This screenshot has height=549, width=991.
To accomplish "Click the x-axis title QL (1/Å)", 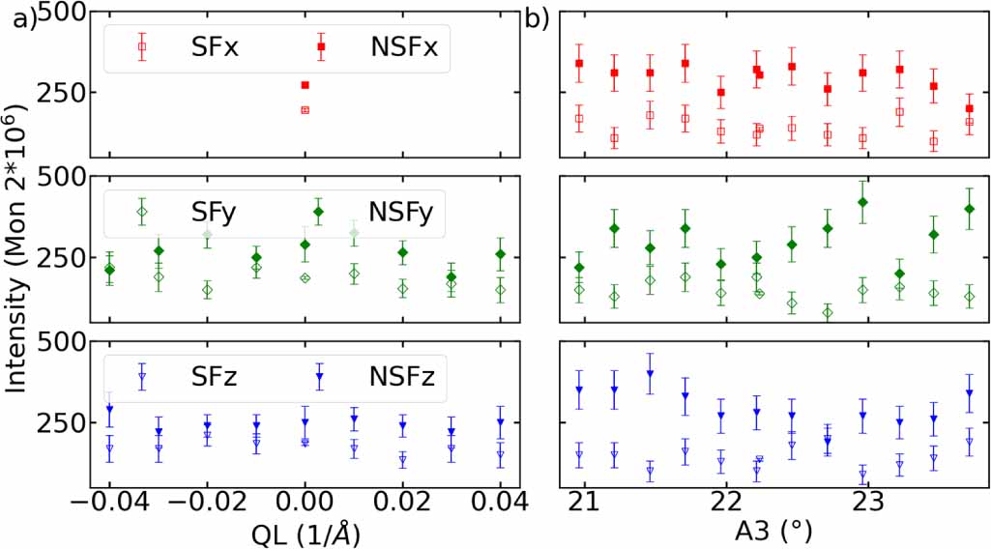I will click(305, 531).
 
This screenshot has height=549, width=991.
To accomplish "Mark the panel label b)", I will click(537, 17).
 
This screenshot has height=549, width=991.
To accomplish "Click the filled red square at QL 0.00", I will click(305, 85).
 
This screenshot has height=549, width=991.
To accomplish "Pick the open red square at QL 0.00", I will click(305, 110).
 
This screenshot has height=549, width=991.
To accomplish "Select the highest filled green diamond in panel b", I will click(862, 202).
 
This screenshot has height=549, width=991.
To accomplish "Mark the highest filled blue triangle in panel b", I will click(650, 374).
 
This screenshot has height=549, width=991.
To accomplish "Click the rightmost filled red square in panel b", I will click(970, 108).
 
